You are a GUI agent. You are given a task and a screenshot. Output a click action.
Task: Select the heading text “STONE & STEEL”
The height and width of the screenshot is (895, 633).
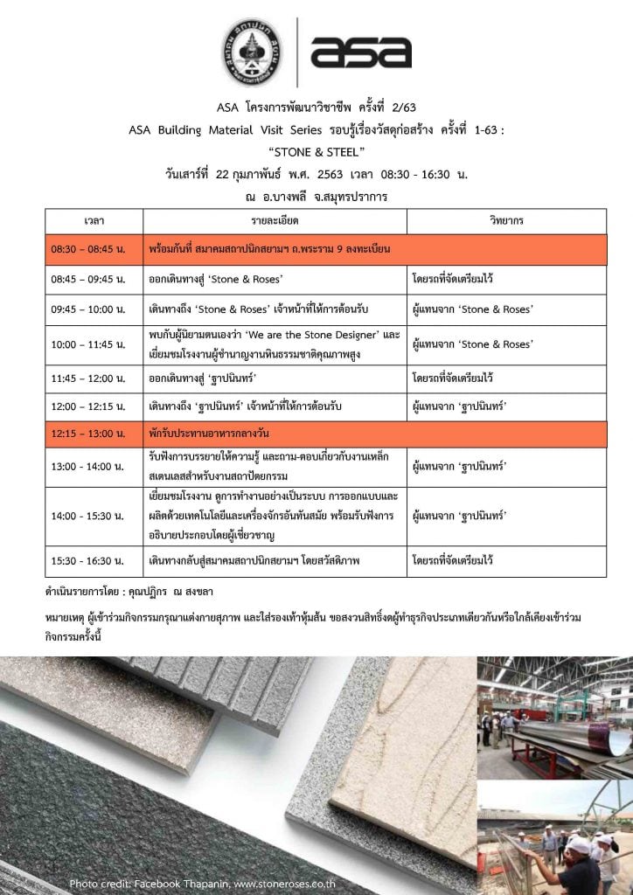pos(316,152)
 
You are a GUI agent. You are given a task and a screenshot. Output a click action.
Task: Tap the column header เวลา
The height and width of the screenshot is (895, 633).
pos(94,221)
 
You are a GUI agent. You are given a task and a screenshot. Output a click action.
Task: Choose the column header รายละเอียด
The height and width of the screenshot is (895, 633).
pos(274,221)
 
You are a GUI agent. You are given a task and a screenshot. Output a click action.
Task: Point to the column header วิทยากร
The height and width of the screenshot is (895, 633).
pos(506,221)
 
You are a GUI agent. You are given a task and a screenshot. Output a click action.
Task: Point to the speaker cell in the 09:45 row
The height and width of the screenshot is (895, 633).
pos(472,309)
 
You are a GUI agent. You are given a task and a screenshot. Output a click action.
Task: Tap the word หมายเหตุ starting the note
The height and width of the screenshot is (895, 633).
pos(66,618)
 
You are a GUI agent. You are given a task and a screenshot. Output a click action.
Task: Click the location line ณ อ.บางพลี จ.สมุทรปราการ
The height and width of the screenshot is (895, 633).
pos(316,197)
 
